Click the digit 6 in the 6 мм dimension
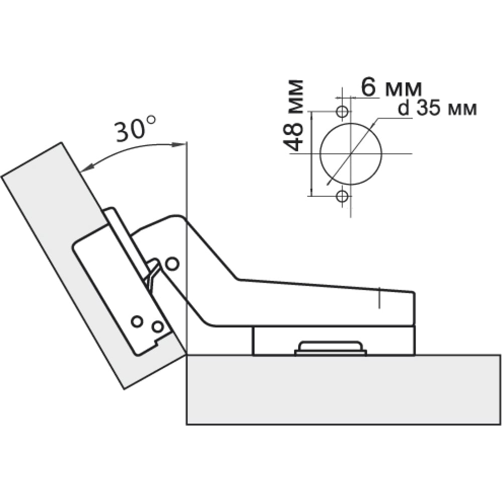click(368, 87)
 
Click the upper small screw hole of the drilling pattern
click(342, 111)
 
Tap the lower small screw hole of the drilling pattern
click(342, 196)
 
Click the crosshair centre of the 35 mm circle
click(351, 154)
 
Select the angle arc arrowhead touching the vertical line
click(179, 145)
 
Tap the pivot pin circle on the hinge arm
click(172, 264)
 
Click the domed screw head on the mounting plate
click(331, 348)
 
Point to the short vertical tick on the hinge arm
click(380, 298)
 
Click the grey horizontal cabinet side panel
click(343, 390)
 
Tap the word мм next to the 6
click(404, 89)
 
